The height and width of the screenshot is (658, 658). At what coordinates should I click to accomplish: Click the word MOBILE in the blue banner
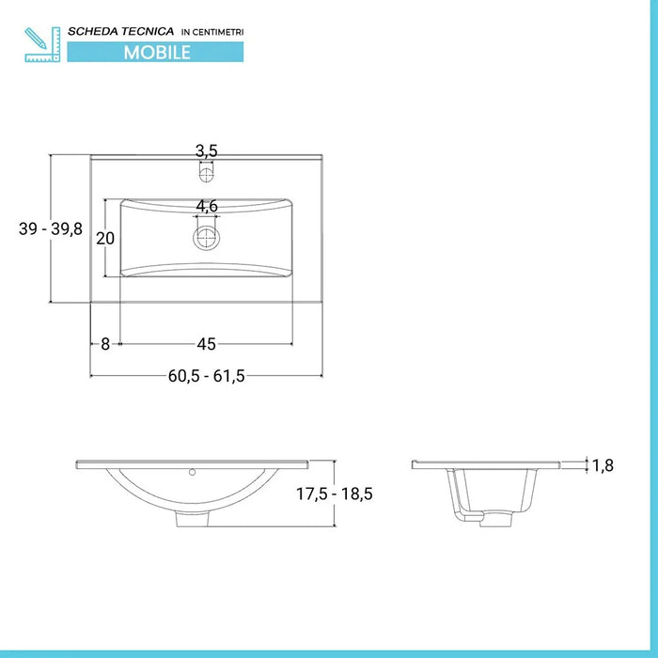(x=157, y=53)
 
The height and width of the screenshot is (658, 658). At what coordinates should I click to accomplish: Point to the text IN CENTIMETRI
(x=211, y=33)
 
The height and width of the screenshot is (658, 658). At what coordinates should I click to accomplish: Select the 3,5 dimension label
(x=207, y=150)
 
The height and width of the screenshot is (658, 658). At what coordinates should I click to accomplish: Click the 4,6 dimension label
(x=207, y=206)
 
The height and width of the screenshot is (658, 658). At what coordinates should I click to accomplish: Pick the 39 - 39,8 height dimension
(x=51, y=228)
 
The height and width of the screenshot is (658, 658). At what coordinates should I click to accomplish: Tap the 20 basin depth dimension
(x=105, y=238)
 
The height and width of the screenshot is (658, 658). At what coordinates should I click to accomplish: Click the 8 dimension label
(x=104, y=344)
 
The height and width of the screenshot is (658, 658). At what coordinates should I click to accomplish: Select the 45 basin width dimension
(x=207, y=344)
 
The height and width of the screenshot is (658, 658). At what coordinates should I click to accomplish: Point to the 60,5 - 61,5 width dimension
(x=207, y=376)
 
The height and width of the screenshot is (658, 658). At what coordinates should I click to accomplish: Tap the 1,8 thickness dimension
(x=603, y=464)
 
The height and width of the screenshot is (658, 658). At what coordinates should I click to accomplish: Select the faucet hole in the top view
(x=207, y=173)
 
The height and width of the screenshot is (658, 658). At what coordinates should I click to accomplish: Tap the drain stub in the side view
(x=489, y=518)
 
